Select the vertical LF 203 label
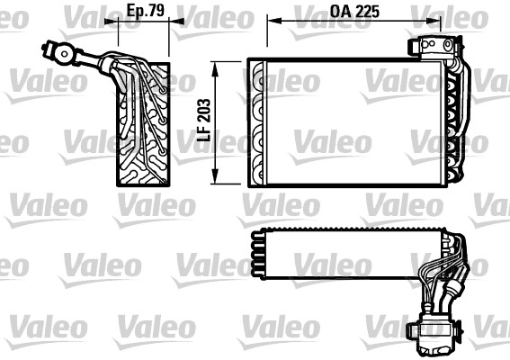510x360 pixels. (204, 121)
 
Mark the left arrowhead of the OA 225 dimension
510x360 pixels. (271, 27)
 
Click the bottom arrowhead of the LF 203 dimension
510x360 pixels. (217, 178)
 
